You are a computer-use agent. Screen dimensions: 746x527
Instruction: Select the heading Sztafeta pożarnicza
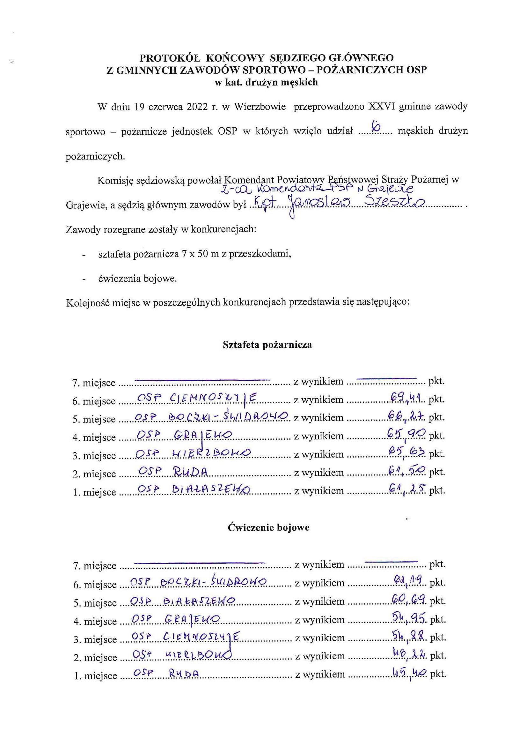coord(267,344)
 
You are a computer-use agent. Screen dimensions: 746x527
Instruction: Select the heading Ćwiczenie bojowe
coord(268,527)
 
